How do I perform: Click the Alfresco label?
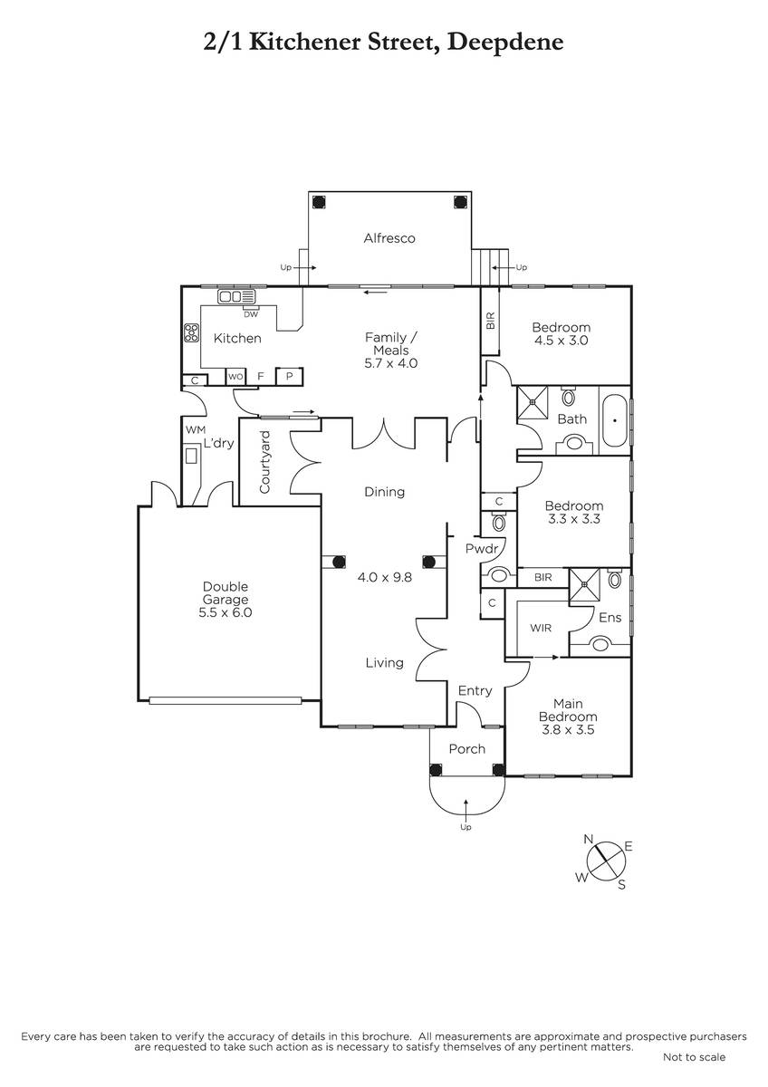[389, 238]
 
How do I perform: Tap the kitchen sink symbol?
[236, 296]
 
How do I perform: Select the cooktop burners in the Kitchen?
[191, 333]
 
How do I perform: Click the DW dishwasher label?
[251, 314]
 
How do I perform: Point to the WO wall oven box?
[235, 377]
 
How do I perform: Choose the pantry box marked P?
[290, 377]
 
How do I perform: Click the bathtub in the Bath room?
[615, 420]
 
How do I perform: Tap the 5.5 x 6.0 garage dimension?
[226, 612]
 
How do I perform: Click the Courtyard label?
[264, 462]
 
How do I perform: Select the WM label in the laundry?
[196, 429]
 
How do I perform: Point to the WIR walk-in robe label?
[541, 628]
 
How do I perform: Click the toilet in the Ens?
[615, 579]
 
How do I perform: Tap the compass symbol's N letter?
[589, 839]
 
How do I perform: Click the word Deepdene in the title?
[505, 43]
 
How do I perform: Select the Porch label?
[466, 749]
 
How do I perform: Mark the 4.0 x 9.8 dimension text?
[385, 578]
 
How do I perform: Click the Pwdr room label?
[482, 548]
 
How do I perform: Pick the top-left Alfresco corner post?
[318, 201]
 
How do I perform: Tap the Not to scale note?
[694, 1057]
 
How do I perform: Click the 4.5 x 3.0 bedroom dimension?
[561, 341]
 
